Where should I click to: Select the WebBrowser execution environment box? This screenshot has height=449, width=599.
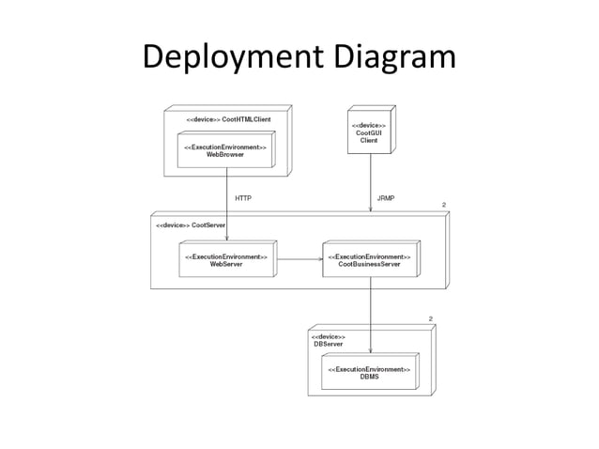coord(224,151)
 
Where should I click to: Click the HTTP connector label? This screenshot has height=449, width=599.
coord(242,199)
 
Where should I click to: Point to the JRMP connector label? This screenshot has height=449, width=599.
coord(385,199)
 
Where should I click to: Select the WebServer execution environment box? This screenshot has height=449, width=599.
coord(225,260)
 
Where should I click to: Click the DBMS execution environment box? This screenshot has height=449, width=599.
coord(368,373)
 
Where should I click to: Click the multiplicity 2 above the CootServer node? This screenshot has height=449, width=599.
coord(443,205)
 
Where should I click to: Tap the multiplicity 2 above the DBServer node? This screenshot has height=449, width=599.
coord(430,319)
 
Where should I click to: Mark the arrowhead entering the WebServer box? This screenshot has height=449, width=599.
coord(227,239)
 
